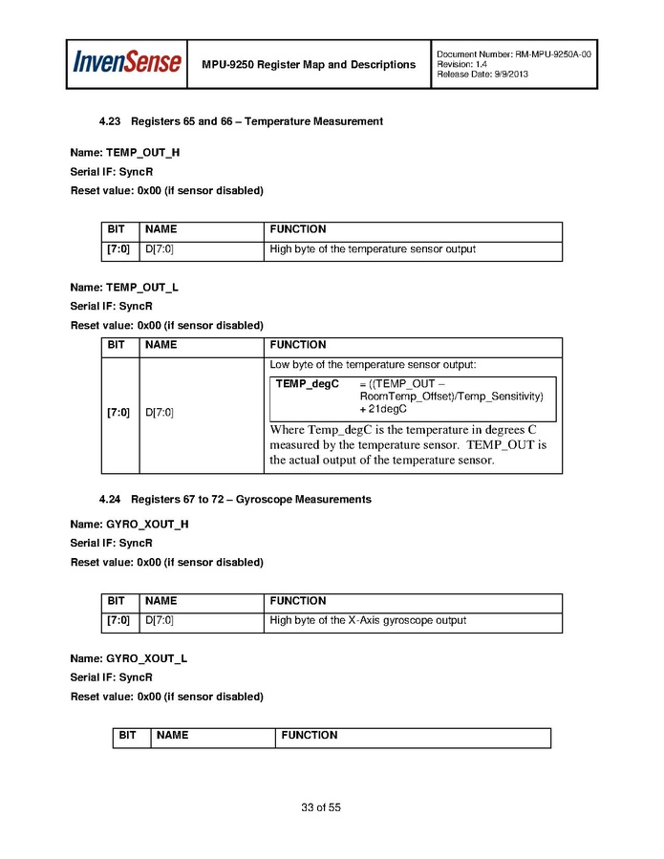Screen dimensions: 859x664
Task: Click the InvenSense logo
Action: click(127, 63)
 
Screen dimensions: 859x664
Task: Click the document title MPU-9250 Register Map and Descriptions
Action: click(309, 65)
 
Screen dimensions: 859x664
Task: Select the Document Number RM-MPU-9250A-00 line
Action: click(513, 54)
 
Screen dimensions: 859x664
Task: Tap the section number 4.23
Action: click(112, 121)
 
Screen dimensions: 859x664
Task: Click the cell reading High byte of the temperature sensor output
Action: click(373, 249)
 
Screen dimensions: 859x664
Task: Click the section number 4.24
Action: click(112, 500)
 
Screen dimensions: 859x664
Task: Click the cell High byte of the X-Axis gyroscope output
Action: click(368, 620)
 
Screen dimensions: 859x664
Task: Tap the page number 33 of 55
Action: click(321, 807)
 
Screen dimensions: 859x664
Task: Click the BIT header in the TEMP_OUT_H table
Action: click(117, 229)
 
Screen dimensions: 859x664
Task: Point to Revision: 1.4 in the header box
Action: click(462, 64)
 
